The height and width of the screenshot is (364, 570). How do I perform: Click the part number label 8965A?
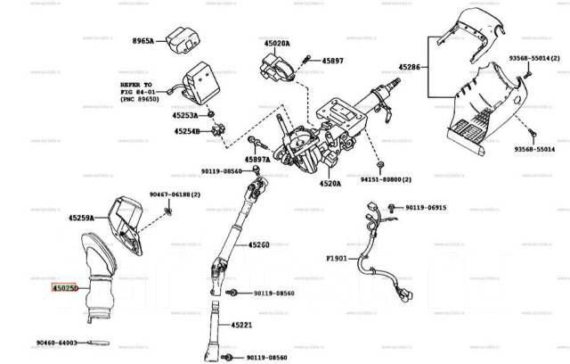142,41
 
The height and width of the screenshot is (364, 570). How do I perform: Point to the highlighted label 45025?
65,288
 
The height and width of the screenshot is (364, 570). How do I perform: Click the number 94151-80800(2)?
387,179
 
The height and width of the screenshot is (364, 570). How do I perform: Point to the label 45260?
258,244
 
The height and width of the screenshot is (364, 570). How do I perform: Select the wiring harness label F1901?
338,259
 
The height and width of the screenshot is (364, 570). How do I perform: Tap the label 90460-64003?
57,342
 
